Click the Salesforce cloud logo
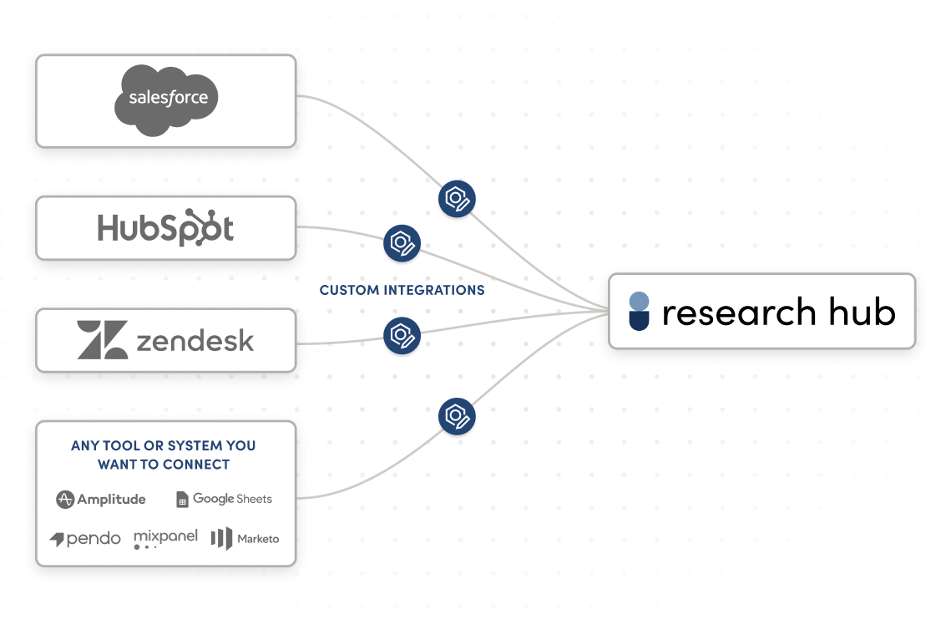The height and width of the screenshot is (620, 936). point(166,99)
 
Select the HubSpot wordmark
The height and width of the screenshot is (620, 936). point(165,227)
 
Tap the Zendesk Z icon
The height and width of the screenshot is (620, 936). point(103,340)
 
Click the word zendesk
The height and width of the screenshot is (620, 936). point(194,341)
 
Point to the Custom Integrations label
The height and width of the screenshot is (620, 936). point(402,290)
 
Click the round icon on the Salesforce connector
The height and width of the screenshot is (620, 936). point(457,199)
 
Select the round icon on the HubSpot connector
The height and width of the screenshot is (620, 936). point(402,243)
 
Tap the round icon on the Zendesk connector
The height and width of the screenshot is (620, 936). point(402,336)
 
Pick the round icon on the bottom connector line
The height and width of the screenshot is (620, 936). point(457,416)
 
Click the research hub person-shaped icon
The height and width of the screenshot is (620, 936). point(639,311)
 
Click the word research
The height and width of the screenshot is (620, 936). point(739,312)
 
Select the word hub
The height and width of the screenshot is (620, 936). point(862,312)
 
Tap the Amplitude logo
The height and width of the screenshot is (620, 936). point(101,500)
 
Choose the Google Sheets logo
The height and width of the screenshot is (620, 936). point(224,499)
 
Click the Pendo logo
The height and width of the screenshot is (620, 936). point(85,539)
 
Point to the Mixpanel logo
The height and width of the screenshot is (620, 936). point(165,538)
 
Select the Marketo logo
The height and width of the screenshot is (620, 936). point(245,539)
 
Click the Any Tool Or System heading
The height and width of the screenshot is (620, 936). point(163,455)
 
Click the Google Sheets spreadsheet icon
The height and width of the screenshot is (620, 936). point(182,500)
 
